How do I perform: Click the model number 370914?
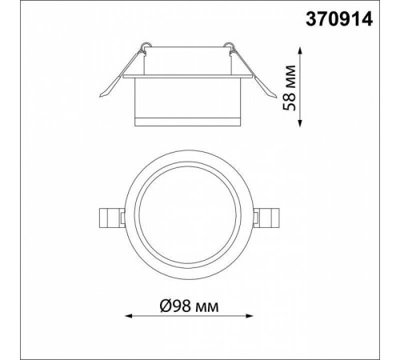point(338,19)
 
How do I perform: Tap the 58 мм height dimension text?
point(290,87)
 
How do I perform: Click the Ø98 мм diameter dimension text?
point(189,306)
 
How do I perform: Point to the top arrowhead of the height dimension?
point(300,50)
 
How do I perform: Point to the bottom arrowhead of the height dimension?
point(300,123)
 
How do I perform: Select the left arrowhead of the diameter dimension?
point(129,316)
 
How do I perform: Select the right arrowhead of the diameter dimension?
point(249,316)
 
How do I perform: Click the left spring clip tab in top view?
point(110,218)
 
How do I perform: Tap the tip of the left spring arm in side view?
point(101,96)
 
